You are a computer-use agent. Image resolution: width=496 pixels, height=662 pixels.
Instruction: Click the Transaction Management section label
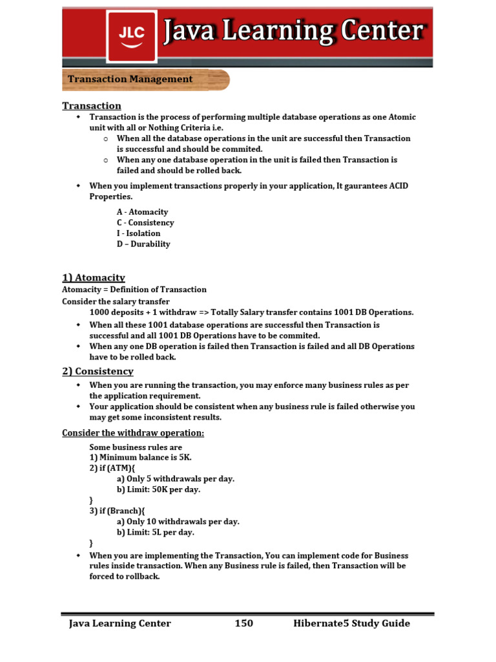(130, 80)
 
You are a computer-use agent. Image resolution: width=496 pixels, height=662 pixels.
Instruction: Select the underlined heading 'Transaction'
(92, 106)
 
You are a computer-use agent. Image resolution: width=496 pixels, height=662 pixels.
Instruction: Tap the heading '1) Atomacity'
(94, 278)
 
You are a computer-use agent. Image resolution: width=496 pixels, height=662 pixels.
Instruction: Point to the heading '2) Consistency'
(98, 372)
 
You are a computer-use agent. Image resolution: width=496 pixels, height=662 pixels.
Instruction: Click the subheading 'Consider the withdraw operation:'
(133, 433)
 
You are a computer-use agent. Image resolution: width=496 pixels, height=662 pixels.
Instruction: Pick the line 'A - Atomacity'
(142, 212)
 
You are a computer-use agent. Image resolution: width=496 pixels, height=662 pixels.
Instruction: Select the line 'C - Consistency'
(145, 223)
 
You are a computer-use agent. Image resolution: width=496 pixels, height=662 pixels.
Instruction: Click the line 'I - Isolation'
(138, 233)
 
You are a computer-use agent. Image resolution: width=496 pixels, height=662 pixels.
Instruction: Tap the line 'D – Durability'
(143, 244)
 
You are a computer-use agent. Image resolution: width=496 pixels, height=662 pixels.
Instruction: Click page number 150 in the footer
(243, 624)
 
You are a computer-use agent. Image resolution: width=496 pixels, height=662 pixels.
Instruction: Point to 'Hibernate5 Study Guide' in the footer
(351, 624)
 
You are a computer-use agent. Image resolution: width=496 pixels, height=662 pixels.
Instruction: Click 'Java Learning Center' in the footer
(120, 624)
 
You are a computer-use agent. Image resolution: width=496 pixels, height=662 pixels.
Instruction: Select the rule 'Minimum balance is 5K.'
(140, 458)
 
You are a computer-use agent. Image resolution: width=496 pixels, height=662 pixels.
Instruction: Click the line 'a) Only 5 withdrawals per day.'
(175, 479)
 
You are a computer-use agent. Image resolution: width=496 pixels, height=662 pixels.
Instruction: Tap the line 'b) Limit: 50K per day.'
(158, 490)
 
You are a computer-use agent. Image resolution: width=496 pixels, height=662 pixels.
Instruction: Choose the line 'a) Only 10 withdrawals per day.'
(178, 522)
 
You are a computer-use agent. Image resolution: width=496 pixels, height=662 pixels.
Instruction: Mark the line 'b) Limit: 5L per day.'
(155, 533)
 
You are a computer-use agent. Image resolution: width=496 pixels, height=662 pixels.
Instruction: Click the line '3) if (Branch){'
(117, 511)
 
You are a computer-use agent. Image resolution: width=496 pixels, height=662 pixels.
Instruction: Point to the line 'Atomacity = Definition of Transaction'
(134, 290)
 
